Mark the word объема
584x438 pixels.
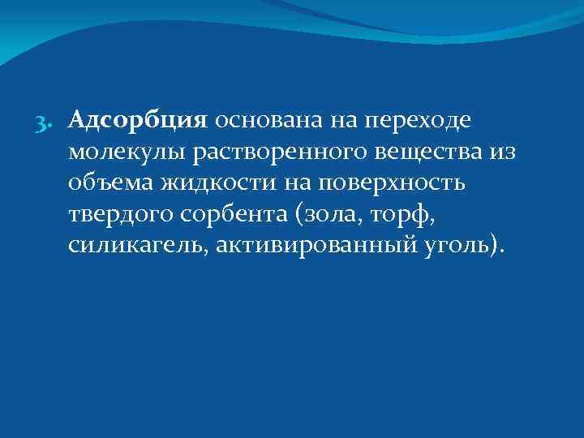click(x=106, y=183)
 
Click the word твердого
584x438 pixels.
click(x=113, y=214)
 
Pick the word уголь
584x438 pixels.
click(x=455, y=245)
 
